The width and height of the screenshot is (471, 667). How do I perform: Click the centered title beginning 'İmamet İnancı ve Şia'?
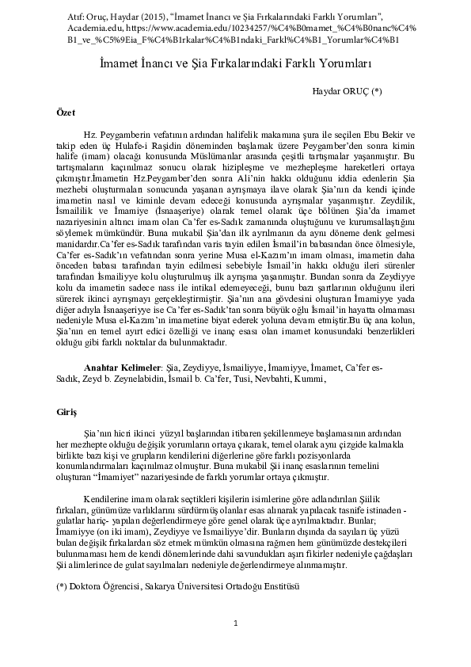(x=235, y=61)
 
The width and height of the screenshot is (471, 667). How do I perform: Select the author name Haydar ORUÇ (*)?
(x=347, y=93)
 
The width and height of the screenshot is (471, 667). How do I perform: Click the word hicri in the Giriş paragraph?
(x=123, y=435)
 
